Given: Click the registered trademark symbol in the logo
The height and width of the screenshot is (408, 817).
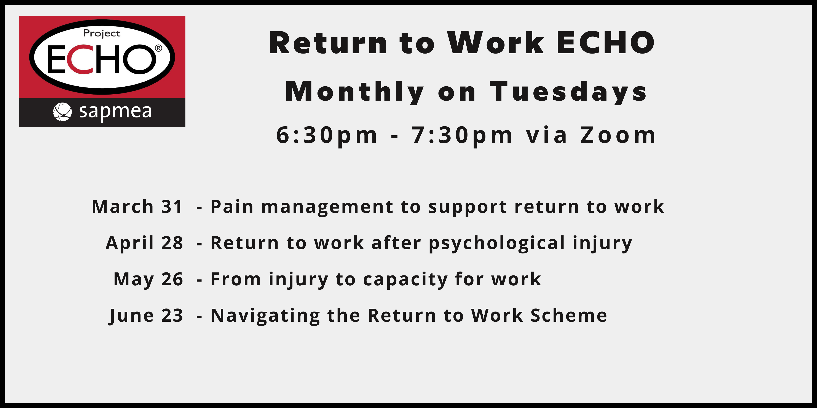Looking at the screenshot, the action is (x=158, y=48).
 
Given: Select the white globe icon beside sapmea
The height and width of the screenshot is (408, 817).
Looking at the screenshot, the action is (x=62, y=112).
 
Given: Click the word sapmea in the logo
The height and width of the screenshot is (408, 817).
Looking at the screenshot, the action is (x=115, y=112).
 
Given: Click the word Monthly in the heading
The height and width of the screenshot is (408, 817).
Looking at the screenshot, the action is (x=355, y=92).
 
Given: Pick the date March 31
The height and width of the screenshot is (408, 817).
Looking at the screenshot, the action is (x=137, y=207).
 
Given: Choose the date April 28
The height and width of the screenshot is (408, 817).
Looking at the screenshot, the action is (x=144, y=243).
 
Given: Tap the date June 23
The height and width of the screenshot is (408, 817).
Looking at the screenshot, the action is (x=146, y=316).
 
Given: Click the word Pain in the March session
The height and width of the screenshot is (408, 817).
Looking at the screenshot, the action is (x=232, y=207).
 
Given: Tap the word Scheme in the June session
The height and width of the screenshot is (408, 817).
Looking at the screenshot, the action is (x=569, y=316).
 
